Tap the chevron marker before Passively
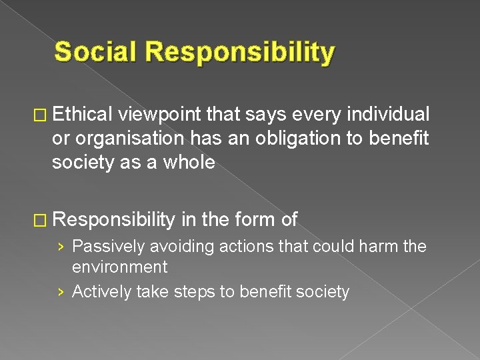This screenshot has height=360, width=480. point(61,247)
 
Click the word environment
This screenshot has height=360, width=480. point(119,267)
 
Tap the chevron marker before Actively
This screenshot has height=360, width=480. point(61,292)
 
